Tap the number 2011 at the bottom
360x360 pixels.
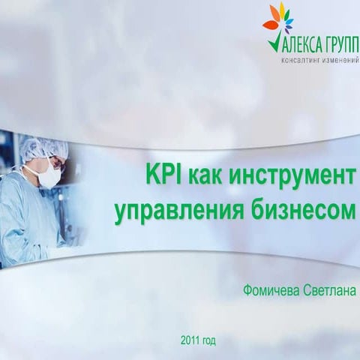(190, 341)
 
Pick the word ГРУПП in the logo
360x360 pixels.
(340, 43)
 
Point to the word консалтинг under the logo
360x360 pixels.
(300, 60)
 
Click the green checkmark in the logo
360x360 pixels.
(272, 41)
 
